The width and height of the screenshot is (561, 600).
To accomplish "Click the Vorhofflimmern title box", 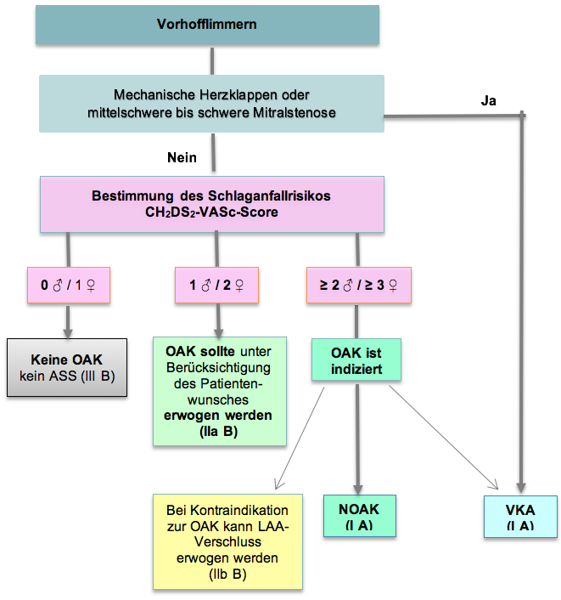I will pyautogui.click(x=206, y=24).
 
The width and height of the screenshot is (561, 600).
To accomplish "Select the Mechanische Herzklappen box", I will pyautogui.click(x=211, y=103).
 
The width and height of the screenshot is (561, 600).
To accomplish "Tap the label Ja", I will pyautogui.click(x=488, y=100).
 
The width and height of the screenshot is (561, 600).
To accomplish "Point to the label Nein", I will pyautogui.click(x=182, y=157).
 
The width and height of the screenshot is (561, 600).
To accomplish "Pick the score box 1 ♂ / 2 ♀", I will pyautogui.click(x=216, y=286).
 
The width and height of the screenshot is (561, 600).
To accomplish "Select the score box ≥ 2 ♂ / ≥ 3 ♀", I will pyautogui.click(x=357, y=286).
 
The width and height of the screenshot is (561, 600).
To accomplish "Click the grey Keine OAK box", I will pyautogui.click(x=67, y=367).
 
